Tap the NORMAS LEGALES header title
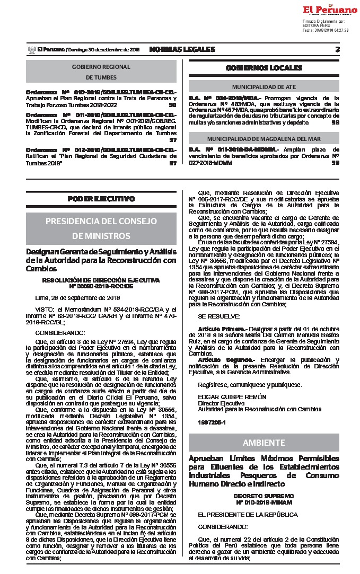[182, 49]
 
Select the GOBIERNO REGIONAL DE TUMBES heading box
[101, 72]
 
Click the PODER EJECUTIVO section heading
[101, 199]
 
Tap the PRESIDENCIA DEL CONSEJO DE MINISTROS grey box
[101, 228]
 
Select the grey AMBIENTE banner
[264, 443]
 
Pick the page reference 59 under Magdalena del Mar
[335, 163]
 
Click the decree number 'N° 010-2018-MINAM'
[264, 501]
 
